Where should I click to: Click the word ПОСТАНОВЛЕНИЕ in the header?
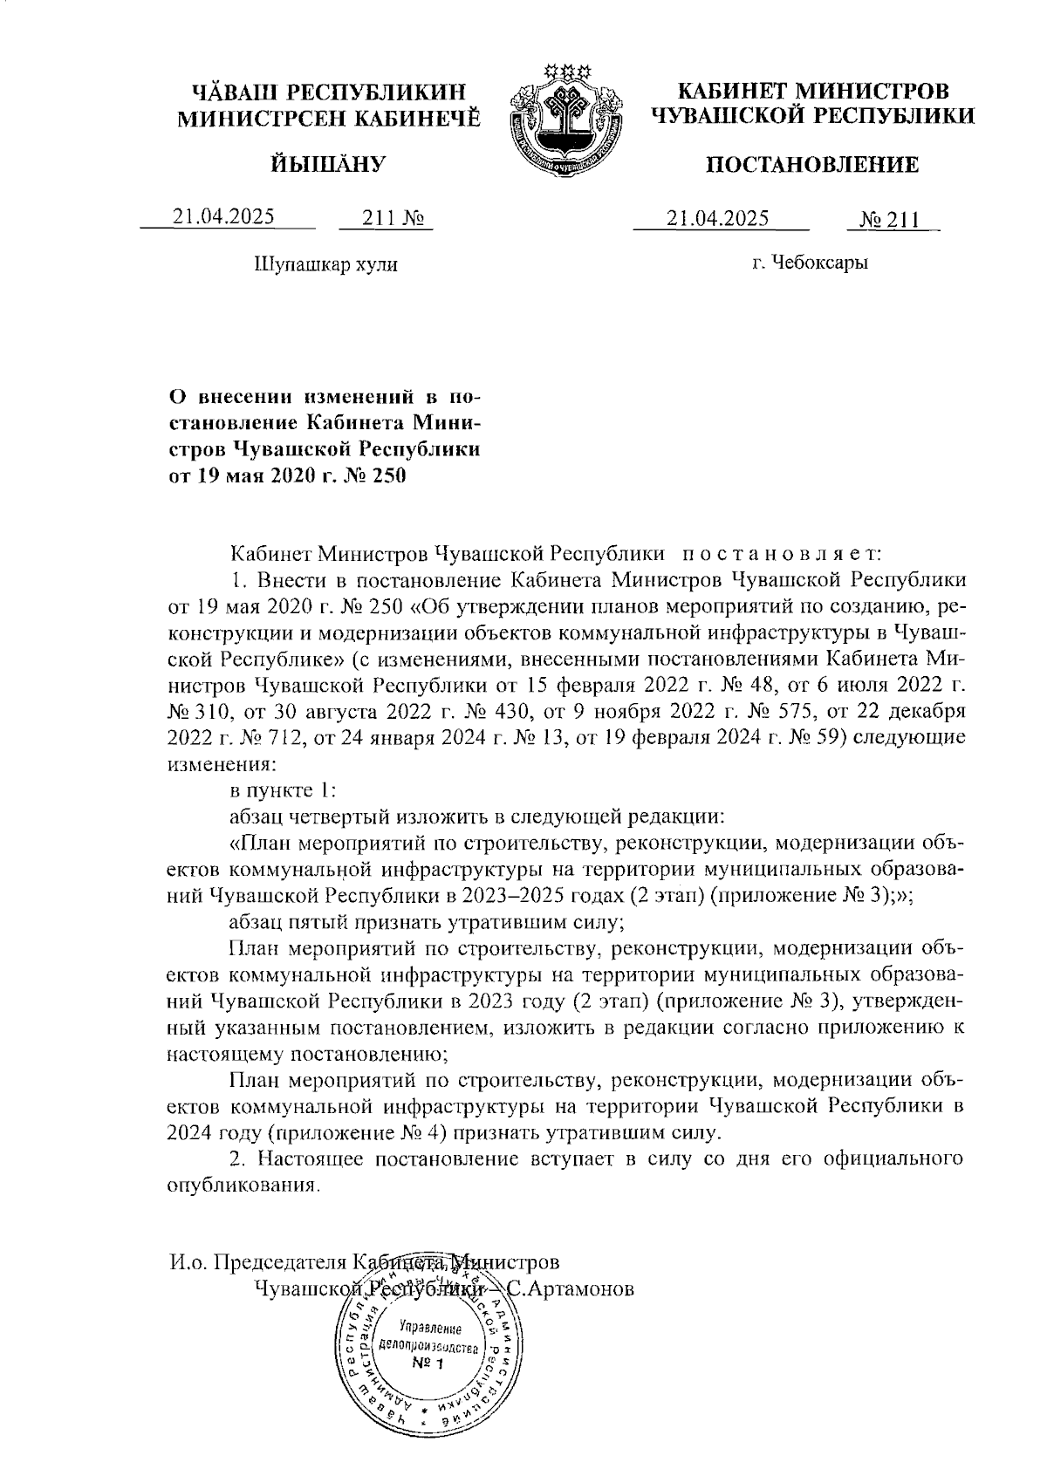811,165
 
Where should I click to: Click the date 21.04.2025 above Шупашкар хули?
223,217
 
